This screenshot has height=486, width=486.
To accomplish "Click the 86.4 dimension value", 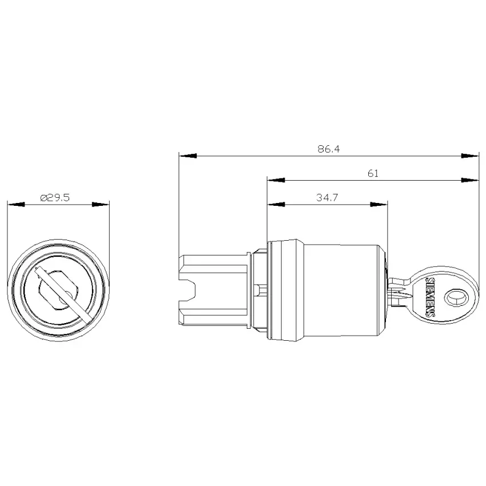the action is click(x=329, y=149).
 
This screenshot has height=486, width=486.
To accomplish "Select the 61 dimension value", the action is click(x=373, y=173).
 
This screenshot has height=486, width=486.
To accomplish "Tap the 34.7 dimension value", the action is click(x=327, y=197).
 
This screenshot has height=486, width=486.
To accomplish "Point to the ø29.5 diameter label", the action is click(x=55, y=197).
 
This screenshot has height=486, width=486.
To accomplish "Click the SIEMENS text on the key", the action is click(x=430, y=297).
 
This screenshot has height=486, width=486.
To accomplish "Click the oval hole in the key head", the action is click(x=456, y=297).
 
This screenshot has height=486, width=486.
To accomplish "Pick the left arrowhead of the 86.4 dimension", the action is click(x=188, y=156).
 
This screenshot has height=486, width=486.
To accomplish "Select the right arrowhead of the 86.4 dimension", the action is click(x=470, y=156).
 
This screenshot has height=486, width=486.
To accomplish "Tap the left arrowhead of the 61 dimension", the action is click(x=276, y=180).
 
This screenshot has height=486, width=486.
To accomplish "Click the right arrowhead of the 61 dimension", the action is click(x=470, y=180).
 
